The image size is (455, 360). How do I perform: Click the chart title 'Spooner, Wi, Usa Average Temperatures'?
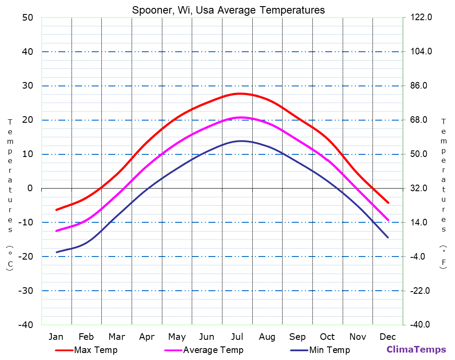[x=228, y=10]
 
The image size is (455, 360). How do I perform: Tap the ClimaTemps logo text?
[x=416, y=349]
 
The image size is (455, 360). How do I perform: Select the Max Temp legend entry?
[x=96, y=350]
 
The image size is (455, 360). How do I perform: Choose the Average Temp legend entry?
[x=213, y=350]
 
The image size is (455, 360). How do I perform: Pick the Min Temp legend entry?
[x=330, y=350]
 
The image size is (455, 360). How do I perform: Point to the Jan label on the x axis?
[x=56, y=337]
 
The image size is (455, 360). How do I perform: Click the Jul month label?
[x=237, y=337]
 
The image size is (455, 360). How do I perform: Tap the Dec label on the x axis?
[x=388, y=337]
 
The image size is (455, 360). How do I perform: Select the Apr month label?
[x=147, y=337]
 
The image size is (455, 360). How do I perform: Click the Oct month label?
[x=327, y=337]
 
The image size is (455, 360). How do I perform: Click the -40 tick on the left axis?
[x=25, y=325]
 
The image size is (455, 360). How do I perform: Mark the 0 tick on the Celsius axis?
[x=30, y=188]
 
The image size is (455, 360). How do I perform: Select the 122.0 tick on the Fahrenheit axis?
[x=421, y=18]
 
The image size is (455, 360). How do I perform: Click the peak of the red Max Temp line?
[x=240, y=93]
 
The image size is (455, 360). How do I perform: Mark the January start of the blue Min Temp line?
[x=56, y=252]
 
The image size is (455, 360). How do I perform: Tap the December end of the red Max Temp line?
[x=388, y=203]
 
